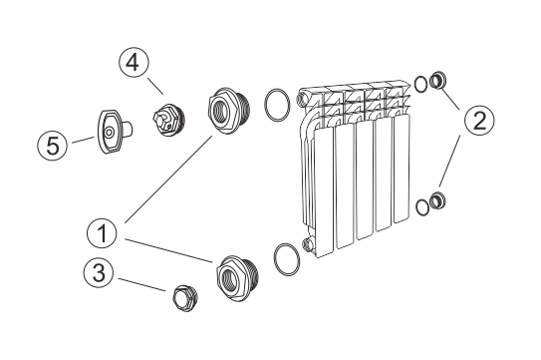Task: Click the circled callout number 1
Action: point(102,233)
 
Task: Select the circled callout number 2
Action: point(479,121)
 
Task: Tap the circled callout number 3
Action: point(99,272)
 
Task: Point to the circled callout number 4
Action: point(134,63)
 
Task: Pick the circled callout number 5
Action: point(53,146)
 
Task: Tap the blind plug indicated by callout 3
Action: point(185,298)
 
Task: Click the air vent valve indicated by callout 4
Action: point(168,120)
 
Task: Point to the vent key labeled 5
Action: point(114,131)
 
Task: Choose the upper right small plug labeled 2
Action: point(437,80)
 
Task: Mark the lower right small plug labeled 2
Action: point(437,200)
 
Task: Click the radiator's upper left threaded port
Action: point(302,98)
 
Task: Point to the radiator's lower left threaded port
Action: point(307,244)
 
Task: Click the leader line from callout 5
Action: point(83,140)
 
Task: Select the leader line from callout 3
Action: point(142,284)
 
